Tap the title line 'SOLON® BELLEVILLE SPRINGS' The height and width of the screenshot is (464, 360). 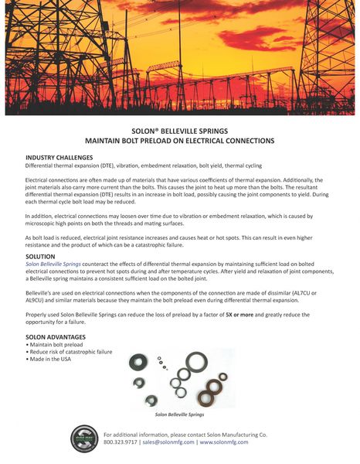tap(179, 131)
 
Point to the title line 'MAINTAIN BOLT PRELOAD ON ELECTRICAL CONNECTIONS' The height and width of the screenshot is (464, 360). tap(179, 142)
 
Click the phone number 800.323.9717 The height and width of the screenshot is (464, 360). tap(121, 442)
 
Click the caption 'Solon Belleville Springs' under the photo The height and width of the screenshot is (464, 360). tap(179, 414)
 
